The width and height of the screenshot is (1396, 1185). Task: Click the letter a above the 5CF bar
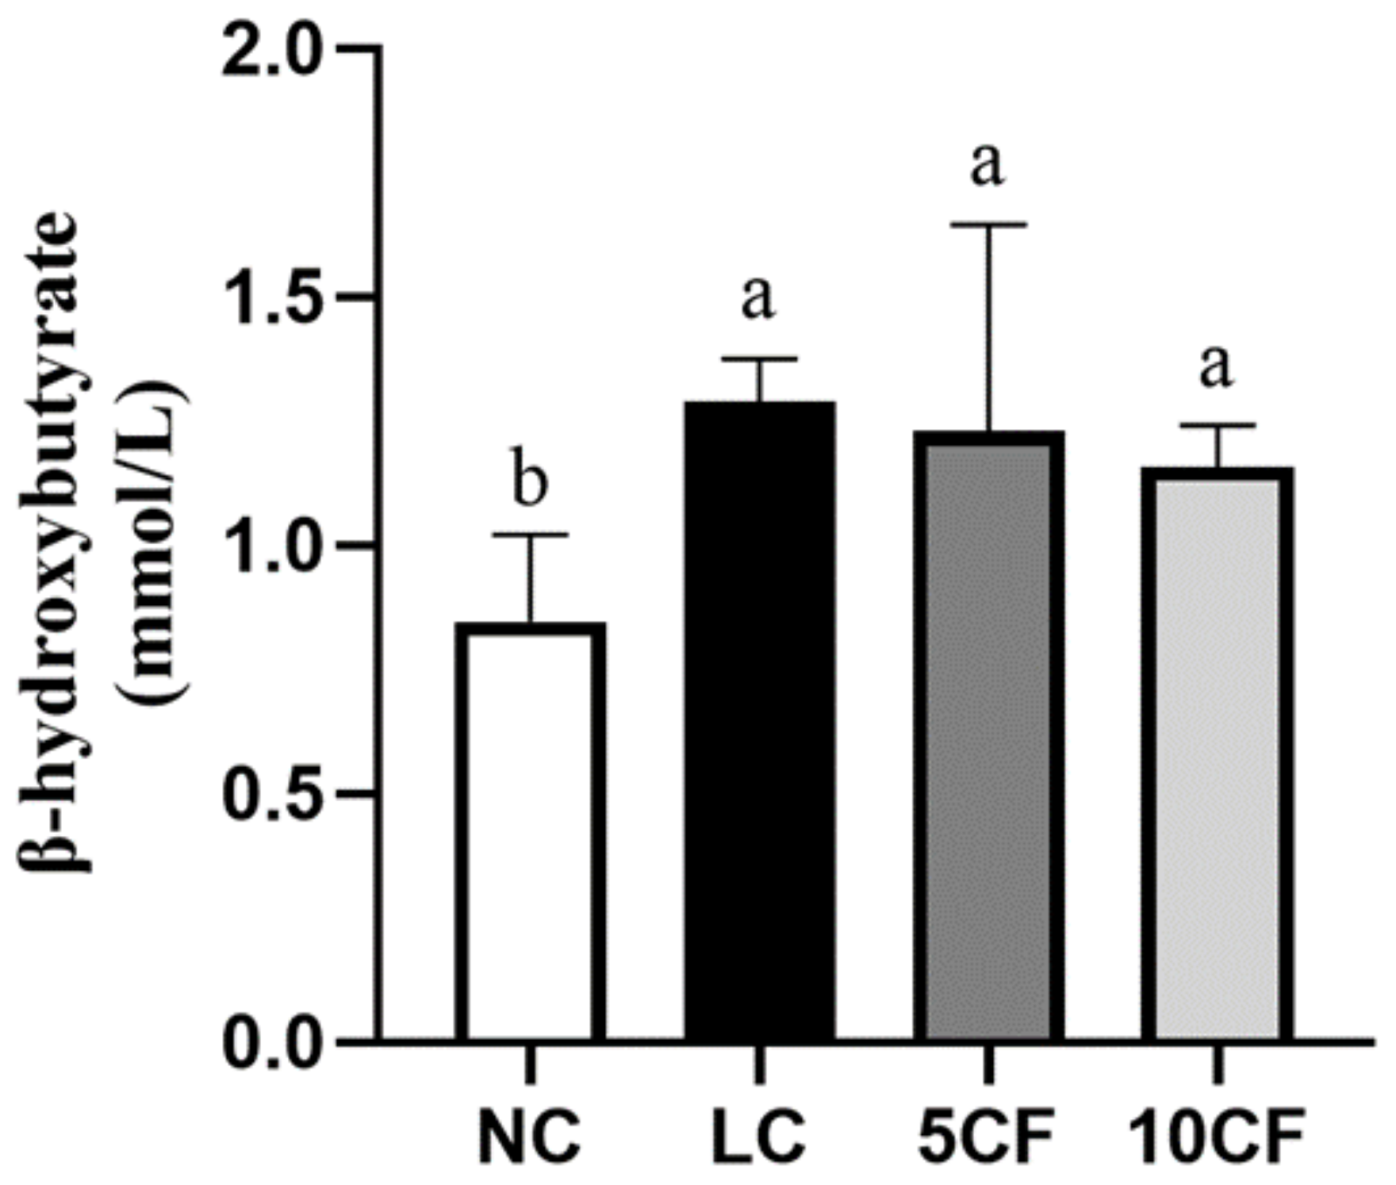[988, 164]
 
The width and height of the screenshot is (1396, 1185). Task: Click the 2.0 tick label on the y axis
[271, 49]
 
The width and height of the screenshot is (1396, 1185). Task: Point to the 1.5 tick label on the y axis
[271, 298]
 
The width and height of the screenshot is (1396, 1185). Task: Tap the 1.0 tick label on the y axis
[271, 546]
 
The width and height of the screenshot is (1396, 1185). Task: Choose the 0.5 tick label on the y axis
[271, 795]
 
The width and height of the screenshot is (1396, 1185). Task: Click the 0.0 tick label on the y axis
[271, 1043]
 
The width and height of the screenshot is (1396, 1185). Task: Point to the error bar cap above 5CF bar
[988, 225]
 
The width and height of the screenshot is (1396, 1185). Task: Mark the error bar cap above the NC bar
[531, 535]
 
